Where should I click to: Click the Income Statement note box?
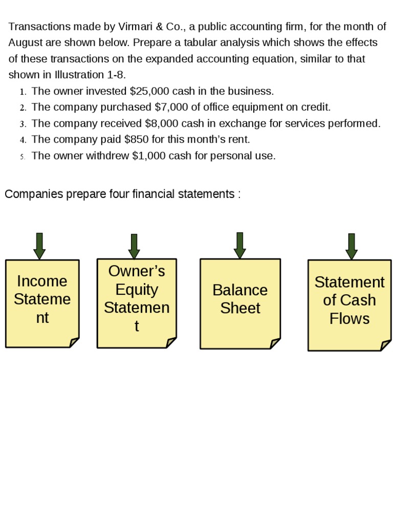coord(42,303)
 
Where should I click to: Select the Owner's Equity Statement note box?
coord(137,303)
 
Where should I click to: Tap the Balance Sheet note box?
coord(240,303)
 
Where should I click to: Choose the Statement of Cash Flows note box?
coord(349,305)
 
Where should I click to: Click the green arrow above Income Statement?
coord(39,246)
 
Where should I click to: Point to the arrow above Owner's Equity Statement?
coord(134,247)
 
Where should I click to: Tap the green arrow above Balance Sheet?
coord(239,246)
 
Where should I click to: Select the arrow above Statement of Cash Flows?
coord(351,247)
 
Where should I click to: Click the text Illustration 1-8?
coord(90,75)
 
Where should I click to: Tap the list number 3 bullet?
coord(23,124)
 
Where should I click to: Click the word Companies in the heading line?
coord(34,194)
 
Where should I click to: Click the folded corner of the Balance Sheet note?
coord(275,343)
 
